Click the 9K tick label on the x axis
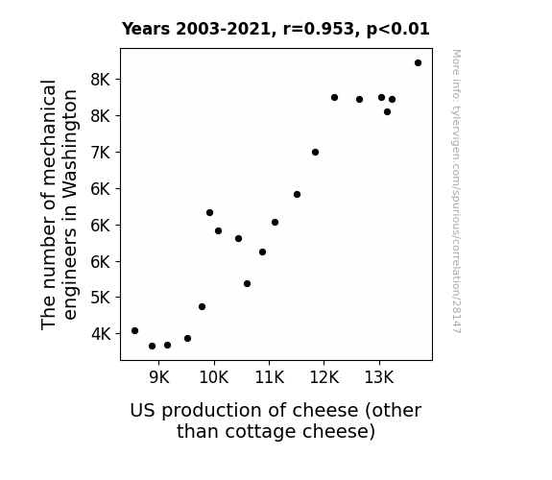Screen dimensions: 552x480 [159, 378]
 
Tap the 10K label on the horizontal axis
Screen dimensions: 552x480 [214, 378]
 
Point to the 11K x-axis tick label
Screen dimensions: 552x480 [270, 378]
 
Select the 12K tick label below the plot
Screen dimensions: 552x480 [324, 378]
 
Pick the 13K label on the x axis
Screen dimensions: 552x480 [379, 378]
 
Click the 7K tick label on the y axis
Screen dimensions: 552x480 [101, 153]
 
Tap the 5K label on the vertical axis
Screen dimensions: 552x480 [101, 298]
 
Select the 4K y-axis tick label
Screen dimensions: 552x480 [101, 334]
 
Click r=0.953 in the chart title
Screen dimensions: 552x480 [319, 29]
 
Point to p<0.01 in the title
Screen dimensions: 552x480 [397, 30]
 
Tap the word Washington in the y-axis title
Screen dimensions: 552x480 [70, 142]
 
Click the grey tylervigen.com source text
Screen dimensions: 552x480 [456, 191]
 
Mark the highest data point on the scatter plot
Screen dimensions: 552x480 [418, 63]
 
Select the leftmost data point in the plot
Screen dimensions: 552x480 [134, 330]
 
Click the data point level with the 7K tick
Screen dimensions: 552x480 [316, 152]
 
